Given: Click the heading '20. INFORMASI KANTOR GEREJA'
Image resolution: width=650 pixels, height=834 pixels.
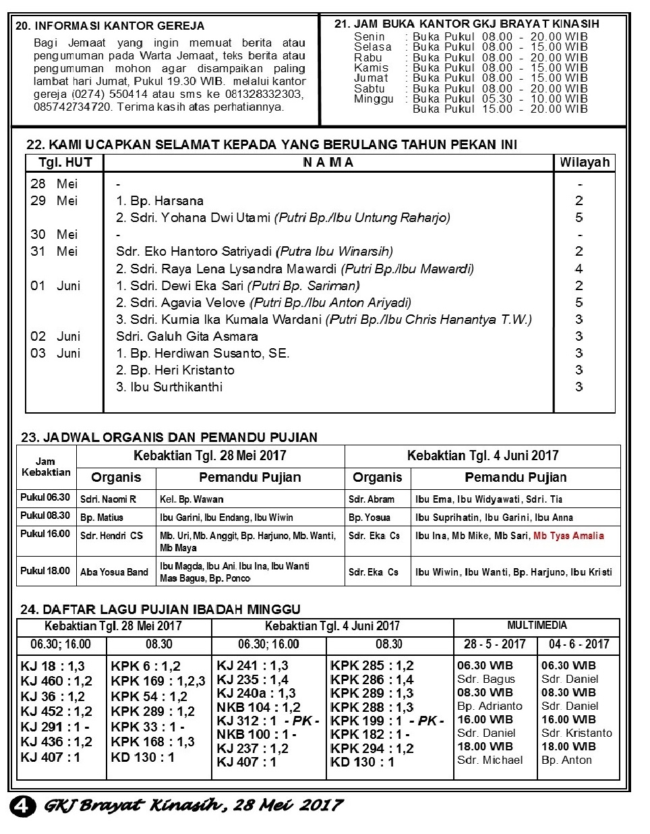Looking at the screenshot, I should (110, 26).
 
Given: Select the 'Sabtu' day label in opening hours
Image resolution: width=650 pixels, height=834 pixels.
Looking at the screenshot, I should (370, 88).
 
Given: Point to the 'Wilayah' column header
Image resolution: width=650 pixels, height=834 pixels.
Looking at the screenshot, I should (584, 162).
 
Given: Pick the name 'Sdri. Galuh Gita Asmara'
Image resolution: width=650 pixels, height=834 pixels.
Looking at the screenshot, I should (187, 336).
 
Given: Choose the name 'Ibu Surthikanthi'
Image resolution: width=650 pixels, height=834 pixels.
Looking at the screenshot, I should (169, 387).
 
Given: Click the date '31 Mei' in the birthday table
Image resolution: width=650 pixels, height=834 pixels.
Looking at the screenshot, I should (54, 251).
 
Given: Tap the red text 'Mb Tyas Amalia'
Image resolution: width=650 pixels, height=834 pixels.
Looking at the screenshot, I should (568, 536).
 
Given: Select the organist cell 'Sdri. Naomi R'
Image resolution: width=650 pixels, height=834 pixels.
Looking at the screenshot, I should (108, 499).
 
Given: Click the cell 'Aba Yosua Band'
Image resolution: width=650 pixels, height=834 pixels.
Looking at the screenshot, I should (114, 572).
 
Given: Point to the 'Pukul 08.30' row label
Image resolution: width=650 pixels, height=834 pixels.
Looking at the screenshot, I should (45, 516).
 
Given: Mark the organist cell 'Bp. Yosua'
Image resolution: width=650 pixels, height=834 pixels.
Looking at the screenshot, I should (370, 518).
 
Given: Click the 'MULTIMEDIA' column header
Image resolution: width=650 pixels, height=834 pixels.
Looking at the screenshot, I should (537, 625).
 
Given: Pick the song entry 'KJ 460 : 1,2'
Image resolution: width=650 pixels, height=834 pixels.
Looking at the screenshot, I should (57, 681).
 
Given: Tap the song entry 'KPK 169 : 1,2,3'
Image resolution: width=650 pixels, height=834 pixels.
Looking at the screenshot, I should (158, 681).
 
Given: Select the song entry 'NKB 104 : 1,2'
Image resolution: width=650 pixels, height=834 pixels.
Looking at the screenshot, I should (258, 707).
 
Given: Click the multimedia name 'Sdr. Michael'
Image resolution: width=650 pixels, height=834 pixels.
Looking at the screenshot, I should (490, 760).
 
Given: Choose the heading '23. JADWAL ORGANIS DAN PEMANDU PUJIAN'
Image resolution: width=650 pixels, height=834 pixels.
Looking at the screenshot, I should (169, 437).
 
